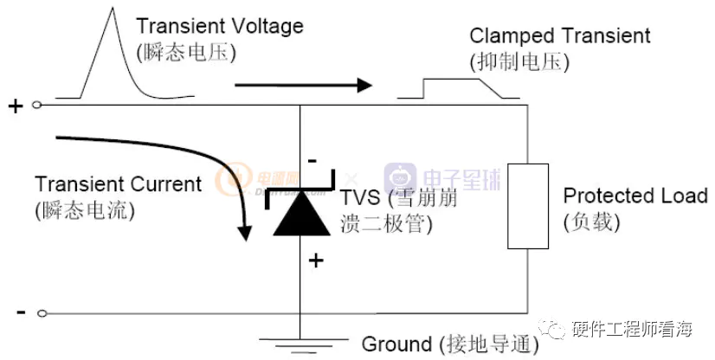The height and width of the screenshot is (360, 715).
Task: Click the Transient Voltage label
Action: [x=220, y=26]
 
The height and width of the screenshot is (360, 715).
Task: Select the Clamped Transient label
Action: [x=559, y=35]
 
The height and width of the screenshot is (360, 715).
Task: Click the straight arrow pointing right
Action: [x=303, y=85]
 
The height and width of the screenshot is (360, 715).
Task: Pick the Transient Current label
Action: [x=118, y=184]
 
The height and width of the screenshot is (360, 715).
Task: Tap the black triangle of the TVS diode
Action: [x=300, y=216]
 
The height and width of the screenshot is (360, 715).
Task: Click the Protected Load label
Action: [x=636, y=196]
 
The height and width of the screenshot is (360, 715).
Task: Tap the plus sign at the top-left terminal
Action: [x=16, y=106]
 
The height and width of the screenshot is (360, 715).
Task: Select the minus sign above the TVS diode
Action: [x=312, y=161]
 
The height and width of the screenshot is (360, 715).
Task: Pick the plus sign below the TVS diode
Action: [x=316, y=259]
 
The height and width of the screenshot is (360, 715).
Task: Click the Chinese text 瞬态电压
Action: [x=186, y=52]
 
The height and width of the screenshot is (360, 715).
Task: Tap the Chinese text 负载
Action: [x=592, y=222]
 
